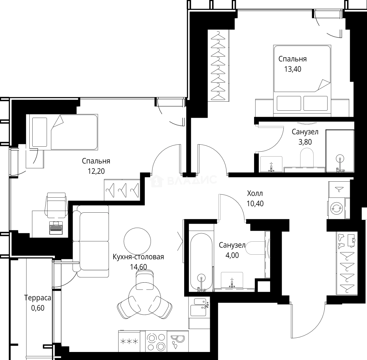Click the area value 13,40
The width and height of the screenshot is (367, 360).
pos(293,69)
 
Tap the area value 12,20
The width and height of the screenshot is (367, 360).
pos(96,171)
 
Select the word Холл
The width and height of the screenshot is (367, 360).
pos(255,193)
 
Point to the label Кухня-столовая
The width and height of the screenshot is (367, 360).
pos(138,257)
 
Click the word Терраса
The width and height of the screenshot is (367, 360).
pos(38,298)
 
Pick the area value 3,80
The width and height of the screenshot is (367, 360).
pos(305,142)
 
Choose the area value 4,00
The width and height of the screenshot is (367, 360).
pos(232,255)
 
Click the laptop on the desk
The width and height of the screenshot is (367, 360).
pos(56,228)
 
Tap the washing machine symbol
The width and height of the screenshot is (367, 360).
pos(336,208)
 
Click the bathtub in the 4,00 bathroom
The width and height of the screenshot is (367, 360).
pos(201,262)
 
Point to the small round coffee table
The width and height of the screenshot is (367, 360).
pos(137,241)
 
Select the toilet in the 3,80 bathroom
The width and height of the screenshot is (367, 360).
pos(307,158)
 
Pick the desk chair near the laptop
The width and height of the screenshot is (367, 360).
pos(56,205)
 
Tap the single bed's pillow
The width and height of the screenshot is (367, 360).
pos(40,132)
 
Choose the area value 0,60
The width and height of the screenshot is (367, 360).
pos(38,308)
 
